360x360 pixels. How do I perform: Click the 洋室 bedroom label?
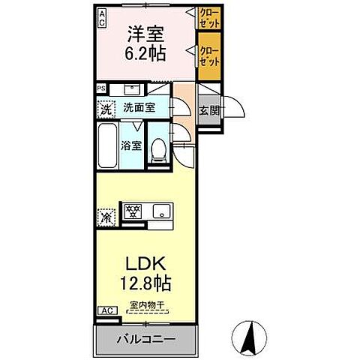click(145, 34)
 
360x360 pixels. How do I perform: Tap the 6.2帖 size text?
click(145, 55)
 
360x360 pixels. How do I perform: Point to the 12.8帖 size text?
click(145, 283)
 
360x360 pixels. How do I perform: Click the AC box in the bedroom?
click(102, 17)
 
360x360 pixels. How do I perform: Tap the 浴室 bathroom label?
click(131, 145)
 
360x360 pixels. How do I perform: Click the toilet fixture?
click(158, 150)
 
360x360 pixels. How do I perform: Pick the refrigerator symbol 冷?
click(105, 217)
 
